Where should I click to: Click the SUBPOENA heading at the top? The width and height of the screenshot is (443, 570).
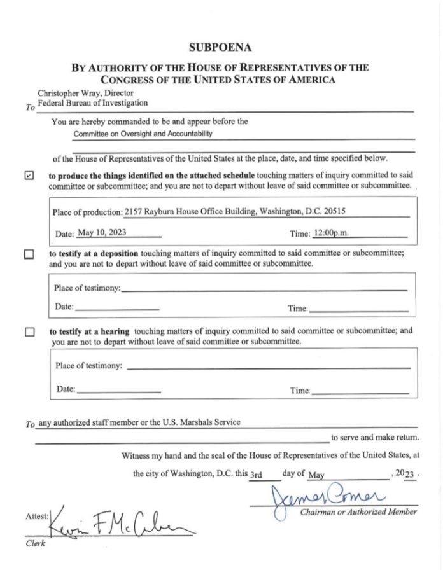pos(221,46)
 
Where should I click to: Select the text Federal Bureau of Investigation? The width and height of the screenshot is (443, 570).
pos(93,102)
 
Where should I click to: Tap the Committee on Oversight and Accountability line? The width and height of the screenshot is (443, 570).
pos(143,134)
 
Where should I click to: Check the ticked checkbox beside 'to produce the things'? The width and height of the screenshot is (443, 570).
pos(29,176)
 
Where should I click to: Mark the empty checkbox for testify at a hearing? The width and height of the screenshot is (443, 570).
pos(29,332)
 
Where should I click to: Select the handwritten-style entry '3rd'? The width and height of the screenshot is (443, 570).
pos(256,475)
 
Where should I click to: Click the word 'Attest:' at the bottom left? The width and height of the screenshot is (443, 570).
pos(37,517)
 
